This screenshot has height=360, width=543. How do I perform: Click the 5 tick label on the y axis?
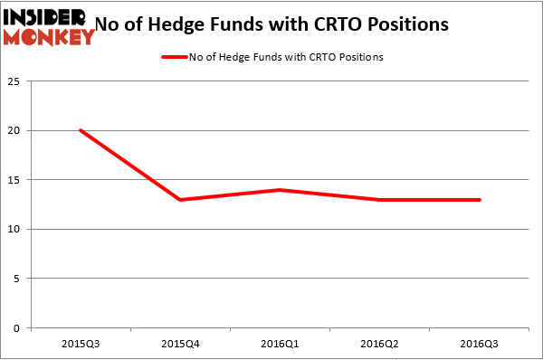(x=20, y=279)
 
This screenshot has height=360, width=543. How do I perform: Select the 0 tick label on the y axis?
(x=20, y=327)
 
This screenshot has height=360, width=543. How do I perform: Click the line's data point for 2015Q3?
(x=81, y=130)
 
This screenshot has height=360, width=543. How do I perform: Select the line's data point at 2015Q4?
(x=180, y=200)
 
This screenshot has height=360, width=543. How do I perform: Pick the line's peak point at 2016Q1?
(x=281, y=190)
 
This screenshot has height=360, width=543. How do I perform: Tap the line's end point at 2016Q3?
(x=480, y=200)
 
